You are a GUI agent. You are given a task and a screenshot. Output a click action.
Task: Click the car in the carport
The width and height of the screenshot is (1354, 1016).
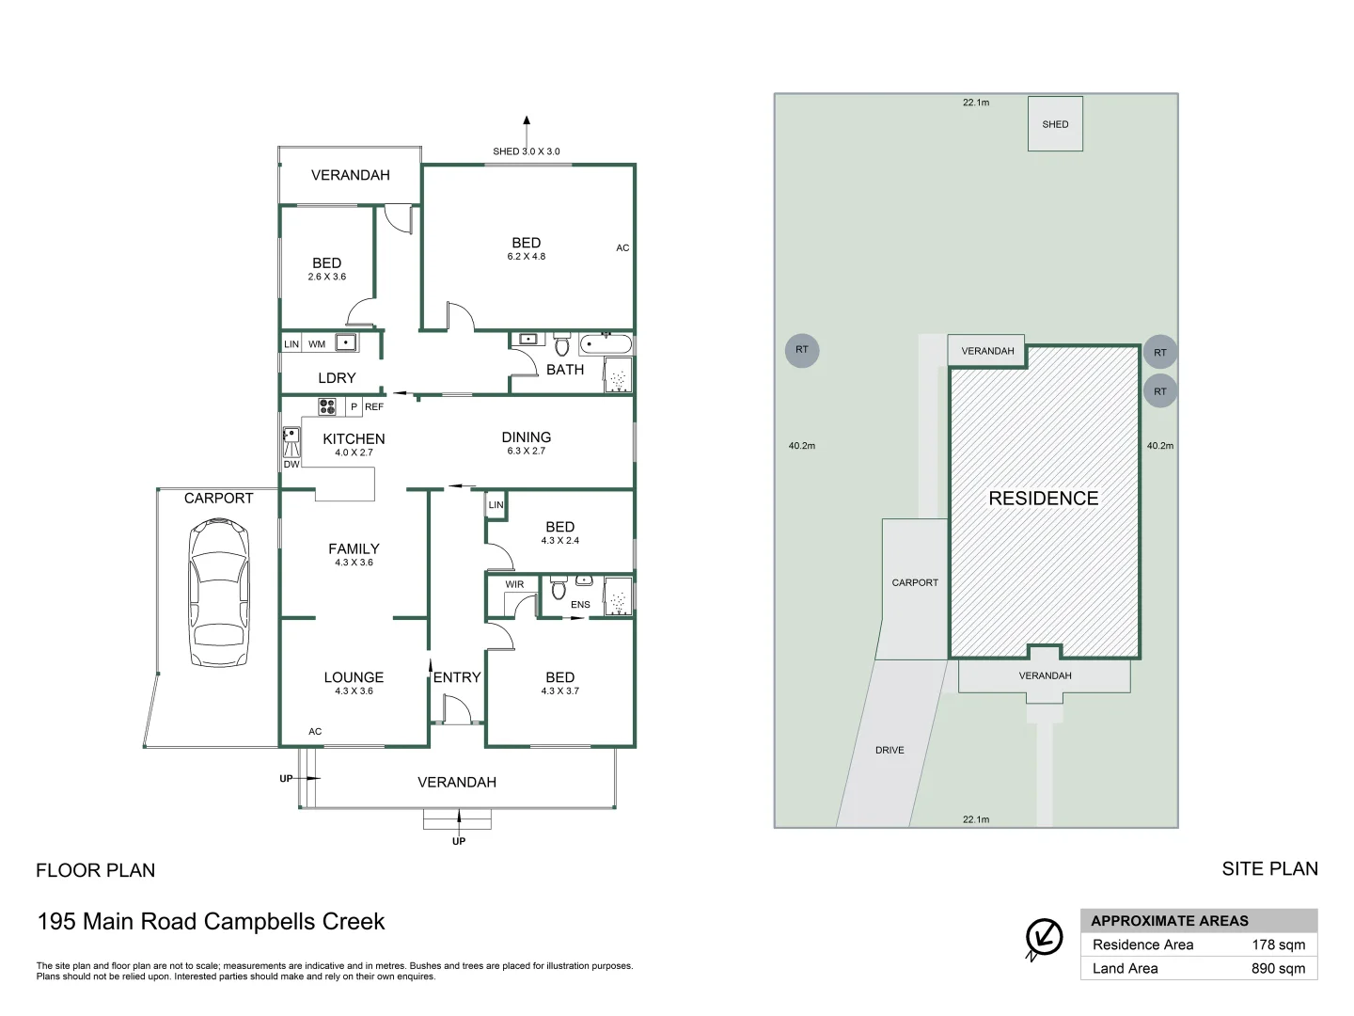(219, 593)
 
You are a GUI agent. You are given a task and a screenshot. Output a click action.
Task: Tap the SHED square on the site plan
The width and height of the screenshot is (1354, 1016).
(1055, 123)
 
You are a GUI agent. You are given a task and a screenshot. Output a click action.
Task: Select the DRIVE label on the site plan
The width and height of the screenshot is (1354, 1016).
(890, 750)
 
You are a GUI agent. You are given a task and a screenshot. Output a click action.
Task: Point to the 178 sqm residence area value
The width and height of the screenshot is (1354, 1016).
(1278, 945)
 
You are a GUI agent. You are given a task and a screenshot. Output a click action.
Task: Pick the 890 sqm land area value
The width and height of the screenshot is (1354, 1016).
(1278, 969)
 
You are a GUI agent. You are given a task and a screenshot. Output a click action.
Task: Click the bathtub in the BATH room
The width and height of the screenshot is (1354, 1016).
(606, 343)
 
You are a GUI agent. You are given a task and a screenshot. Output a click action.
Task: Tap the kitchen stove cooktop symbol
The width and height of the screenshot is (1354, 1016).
(327, 406)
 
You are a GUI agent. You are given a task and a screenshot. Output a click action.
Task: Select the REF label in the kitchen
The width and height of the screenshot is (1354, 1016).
(374, 406)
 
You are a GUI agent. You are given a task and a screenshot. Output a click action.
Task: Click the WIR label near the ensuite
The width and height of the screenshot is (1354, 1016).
(514, 584)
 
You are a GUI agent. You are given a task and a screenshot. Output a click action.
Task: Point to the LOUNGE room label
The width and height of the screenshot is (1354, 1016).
(354, 677)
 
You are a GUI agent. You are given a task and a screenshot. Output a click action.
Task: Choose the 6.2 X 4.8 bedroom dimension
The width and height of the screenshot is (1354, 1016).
(527, 257)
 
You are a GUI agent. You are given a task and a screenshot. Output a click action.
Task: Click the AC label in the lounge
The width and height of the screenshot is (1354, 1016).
(315, 732)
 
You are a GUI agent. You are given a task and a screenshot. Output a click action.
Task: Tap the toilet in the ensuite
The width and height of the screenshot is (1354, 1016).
(559, 588)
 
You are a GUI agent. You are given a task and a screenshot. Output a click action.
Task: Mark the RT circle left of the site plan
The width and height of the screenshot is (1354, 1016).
(802, 350)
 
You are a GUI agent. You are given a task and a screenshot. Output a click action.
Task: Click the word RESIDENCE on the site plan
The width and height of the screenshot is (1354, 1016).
(1044, 499)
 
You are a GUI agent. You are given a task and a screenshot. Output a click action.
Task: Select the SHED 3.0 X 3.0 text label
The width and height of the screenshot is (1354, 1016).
(527, 151)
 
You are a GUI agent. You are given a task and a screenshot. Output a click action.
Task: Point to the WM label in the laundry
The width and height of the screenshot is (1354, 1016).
(317, 344)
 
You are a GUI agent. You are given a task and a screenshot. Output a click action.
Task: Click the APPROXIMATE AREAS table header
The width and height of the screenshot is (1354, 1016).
(1170, 921)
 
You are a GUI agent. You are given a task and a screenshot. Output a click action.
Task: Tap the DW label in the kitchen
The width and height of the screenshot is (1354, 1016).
(291, 465)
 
